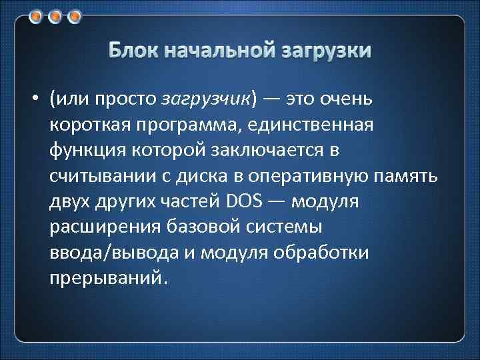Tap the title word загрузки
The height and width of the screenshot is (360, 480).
(x=327, y=51)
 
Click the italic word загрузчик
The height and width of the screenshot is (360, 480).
(x=206, y=100)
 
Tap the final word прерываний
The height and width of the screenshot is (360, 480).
(x=104, y=276)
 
